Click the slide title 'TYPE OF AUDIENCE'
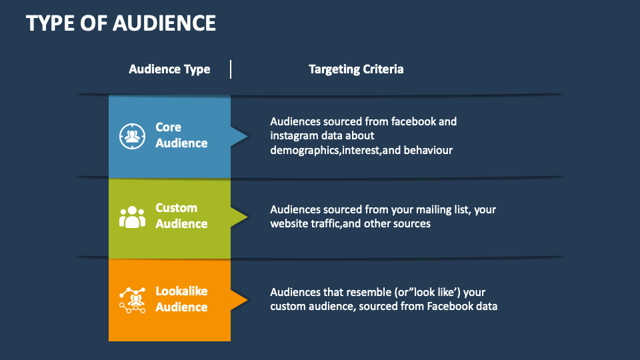121,23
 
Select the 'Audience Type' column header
169,69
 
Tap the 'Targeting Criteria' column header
356,69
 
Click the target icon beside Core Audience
132,136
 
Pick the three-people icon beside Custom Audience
132,217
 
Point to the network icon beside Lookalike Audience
132,299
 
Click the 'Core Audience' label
181,135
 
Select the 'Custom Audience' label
181,216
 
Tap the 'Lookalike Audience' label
181,299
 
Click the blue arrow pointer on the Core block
239,136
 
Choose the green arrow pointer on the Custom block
239,217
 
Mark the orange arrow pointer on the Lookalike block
239,299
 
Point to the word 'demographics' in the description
299,151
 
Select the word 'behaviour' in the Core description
429,151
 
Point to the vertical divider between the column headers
231,69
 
